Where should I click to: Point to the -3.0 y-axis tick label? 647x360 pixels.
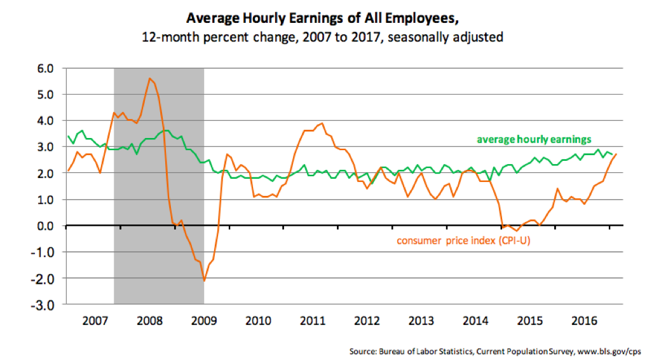pyautogui.click(x=45, y=305)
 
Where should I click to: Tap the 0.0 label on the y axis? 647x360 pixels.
pyautogui.click(x=47, y=226)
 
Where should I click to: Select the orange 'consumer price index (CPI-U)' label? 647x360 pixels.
pyautogui.click(x=463, y=240)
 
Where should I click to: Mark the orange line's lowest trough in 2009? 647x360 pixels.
pyautogui.click(x=204, y=280)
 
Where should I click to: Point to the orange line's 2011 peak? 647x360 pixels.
pyautogui.click(x=322, y=123)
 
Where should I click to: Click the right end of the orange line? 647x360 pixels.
pyautogui.click(x=615, y=155)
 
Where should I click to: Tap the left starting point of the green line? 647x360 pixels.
pyautogui.click(x=68, y=136)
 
